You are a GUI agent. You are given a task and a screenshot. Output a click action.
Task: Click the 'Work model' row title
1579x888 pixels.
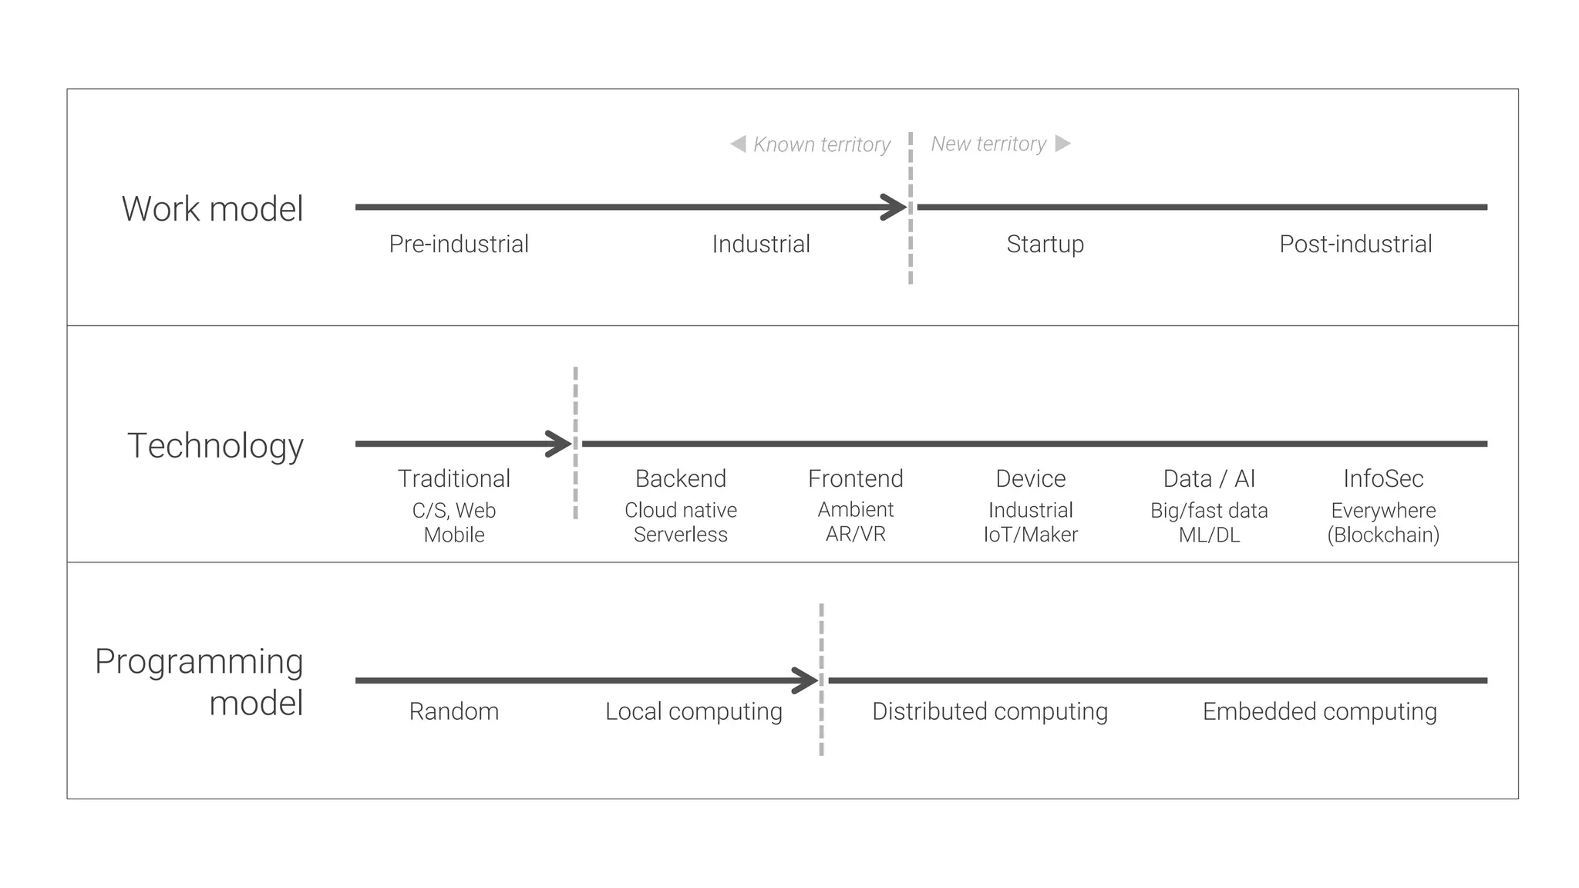[x=212, y=209]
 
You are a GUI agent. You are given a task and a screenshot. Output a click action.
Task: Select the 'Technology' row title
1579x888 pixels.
[x=215, y=446]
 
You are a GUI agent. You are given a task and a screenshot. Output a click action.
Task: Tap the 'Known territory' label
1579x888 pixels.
[x=821, y=144]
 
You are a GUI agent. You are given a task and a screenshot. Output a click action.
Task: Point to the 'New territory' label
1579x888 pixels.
[x=988, y=143]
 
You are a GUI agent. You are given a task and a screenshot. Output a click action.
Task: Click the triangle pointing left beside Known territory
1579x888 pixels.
[x=738, y=143]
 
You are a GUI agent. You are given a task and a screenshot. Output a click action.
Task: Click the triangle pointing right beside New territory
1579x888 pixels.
[x=1062, y=143]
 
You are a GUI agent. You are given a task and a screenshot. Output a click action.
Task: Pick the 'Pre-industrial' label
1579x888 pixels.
[x=459, y=244]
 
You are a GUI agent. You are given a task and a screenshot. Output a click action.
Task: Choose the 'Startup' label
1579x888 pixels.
[x=1045, y=244]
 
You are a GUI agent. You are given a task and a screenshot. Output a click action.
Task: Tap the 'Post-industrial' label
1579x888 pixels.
[x=1355, y=244]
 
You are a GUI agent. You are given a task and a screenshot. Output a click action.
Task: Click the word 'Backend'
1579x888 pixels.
[x=680, y=478]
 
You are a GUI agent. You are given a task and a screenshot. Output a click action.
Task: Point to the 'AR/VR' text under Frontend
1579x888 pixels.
[x=855, y=534]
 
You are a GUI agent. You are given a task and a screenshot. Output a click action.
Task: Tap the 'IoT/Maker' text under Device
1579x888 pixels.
[x=1030, y=534]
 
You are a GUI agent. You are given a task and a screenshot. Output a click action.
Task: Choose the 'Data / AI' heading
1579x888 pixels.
[x=1209, y=478]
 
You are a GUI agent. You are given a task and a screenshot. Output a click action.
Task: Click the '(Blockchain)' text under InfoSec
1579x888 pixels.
[x=1383, y=535]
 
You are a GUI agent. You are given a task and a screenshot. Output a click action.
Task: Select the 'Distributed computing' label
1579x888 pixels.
[x=989, y=711]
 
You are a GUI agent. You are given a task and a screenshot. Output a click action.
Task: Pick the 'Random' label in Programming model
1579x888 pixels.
[x=453, y=711]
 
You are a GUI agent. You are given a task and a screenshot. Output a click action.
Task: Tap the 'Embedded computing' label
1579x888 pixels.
[x=1319, y=711]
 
